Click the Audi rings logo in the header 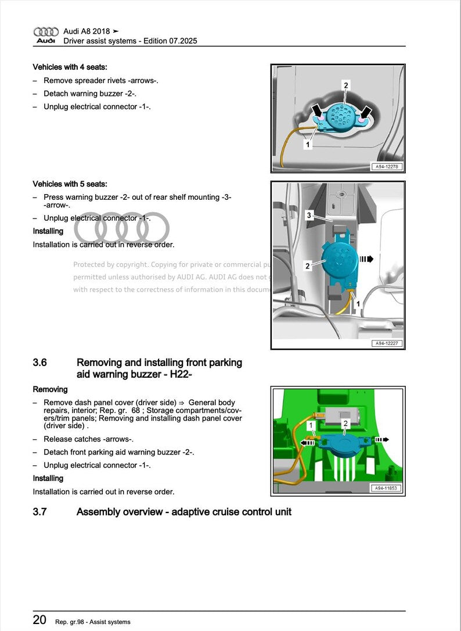coord(46,32)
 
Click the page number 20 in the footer coord(39,620)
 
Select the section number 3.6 coord(40,363)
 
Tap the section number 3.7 coord(40,512)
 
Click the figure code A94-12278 coord(387,167)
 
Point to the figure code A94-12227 coord(387,343)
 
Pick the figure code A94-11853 coord(387,489)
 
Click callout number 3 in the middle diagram coord(309,216)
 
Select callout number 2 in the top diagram coord(346,85)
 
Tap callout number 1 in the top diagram coord(308,144)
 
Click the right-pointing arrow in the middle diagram coord(366,259)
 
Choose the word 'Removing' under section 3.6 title coord(50,389)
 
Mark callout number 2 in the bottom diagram coord(345,424)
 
